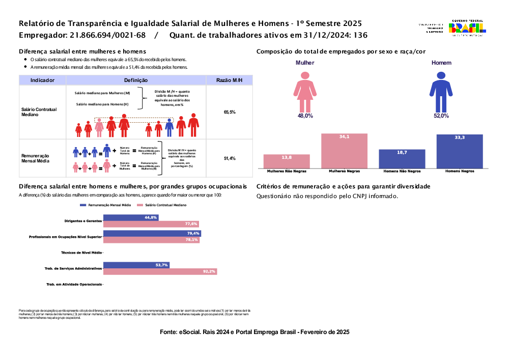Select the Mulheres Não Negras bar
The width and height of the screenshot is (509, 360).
(x=287, y=161)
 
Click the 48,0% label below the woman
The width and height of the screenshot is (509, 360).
(x=305, y=116)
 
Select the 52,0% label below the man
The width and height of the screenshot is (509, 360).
(x=441, y=116)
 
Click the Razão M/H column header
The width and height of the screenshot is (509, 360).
(x=229, y=80)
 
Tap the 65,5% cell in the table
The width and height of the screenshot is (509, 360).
(x=230, y=112)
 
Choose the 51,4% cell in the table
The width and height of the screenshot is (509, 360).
(x=230, y=159)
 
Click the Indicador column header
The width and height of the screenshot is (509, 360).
(x=42, y=80)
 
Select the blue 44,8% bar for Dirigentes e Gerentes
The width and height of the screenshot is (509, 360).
(x=131, y=217)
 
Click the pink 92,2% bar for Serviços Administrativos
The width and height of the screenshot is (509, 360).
(x=160, y=271)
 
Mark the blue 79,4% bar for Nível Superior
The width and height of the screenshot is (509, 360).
(x=152, y=234)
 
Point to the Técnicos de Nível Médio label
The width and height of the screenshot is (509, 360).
(x=81, y=253)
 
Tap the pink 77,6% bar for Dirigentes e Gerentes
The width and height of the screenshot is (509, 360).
(x=151, y=224)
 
